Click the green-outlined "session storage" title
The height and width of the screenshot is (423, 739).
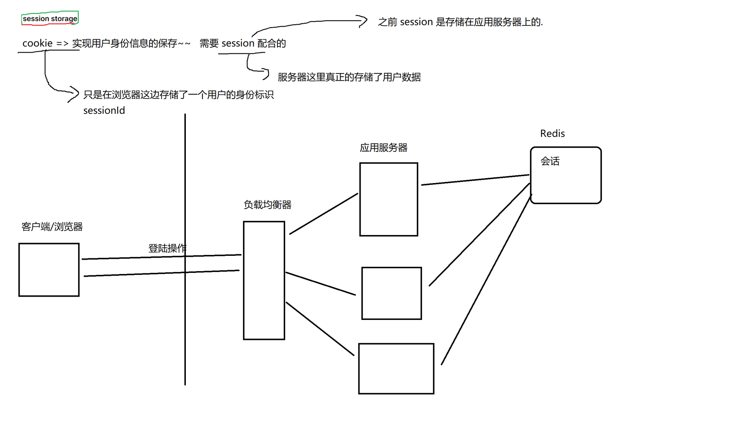tap(50, 18)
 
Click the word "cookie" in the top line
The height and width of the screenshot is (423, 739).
tap(37, 43)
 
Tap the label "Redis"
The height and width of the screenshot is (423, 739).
tap(552, 133)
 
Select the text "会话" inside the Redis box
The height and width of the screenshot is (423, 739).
tap(550, 161)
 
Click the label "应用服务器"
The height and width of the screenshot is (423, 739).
tap(383, 148)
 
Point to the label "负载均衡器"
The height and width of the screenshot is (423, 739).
tap(267, 205)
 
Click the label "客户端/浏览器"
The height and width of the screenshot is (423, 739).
tap(52, 227)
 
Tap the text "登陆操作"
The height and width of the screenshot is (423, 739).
tap(167, 248)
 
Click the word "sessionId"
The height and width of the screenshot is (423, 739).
tap(104, 111)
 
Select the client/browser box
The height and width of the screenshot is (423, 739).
tap(49, 270)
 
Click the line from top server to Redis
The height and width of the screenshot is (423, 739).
tap(475, 180)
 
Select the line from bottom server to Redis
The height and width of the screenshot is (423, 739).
tap(487, 279)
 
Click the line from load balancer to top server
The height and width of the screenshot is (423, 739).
tap(324, 214)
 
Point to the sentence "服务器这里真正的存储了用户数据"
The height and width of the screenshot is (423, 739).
tap(349, 77)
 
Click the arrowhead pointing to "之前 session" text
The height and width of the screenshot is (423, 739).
tap(363, 21)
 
